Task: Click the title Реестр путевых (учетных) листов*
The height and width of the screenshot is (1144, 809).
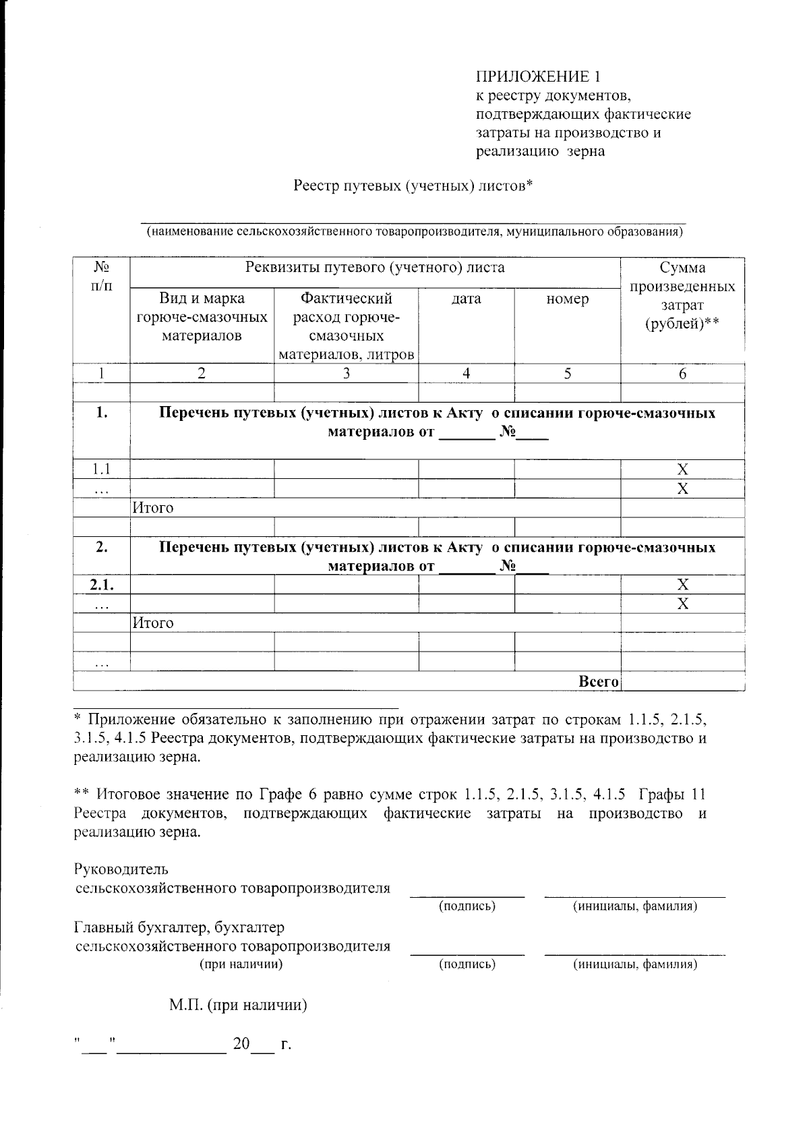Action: pyautogui.click(x=413, y=185)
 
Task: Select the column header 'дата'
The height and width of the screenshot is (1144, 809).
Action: pyautogui.click(x=466, y=299)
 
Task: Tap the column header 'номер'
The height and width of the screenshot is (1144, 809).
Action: pyautogui.click(x=567, y=299)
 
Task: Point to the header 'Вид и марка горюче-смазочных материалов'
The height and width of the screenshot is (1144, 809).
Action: pyautogui.click(x=202, y=316)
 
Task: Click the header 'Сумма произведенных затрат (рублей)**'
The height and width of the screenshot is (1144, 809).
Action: pyautogui.click(x=682, y=296)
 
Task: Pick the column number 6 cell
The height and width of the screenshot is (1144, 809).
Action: pyautogui.click(x=682, y=374)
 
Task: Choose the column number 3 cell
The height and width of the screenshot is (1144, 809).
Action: pyautogui.click(x=346, y=374)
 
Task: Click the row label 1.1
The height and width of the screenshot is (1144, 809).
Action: pyautogui.click(x=101, y=469)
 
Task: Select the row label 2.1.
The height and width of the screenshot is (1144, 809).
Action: pyautogui.click(x=101, y=584)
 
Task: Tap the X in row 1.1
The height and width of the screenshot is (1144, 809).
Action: pyautogui.click(x=682, y=469)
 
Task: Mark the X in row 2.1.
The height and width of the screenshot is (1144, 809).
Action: pyautogui.click(x=682, y=584)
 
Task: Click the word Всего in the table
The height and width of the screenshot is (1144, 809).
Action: pyautogui.click(x=599, y=682)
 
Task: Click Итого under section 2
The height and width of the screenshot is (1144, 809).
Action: pyautogui.click(x=153, y=623)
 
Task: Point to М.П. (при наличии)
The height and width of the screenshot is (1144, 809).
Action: pyautogui.click(x=238, y=1006)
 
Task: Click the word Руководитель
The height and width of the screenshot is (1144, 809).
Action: pyautogui.click(x=121, y=869)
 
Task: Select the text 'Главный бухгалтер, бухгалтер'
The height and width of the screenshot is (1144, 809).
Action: pyautogui.click(x=179, y=927)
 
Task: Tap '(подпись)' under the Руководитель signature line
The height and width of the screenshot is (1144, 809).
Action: pyautogui.click(x=467, y=906)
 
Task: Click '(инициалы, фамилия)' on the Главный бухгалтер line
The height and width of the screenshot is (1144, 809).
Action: pyautogui.click(x=634, y=964)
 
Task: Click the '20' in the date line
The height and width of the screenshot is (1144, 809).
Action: pyautogui.click(x=241, y=1044)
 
